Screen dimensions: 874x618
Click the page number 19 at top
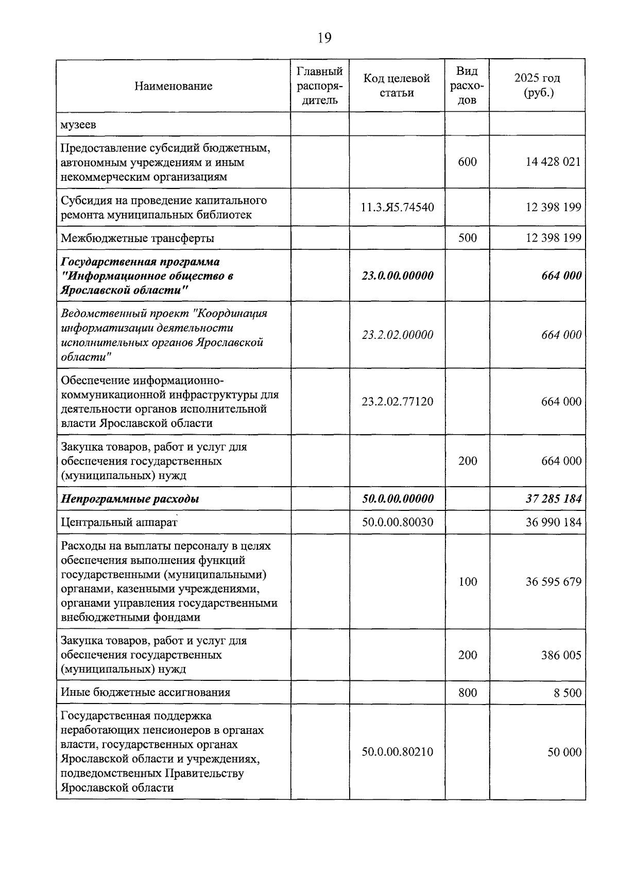324,38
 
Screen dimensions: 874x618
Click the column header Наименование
173,86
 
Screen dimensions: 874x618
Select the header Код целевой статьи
397,85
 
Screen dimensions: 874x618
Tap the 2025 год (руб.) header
537,85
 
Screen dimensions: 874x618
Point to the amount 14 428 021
553,162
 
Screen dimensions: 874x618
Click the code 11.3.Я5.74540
397,207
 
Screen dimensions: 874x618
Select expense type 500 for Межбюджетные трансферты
467,237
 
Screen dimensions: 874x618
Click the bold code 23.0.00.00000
397,276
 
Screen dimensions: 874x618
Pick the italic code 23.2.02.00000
397,335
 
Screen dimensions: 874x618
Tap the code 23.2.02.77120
397,401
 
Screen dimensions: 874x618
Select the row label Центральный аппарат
119,522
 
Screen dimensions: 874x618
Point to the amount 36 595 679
553,581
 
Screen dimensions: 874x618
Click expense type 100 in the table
467,581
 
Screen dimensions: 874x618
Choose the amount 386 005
561,655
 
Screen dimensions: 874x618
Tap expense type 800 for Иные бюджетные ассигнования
467,693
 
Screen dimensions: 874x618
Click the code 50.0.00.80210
397,752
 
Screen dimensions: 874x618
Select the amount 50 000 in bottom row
564,752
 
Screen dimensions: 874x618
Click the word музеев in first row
78,125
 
